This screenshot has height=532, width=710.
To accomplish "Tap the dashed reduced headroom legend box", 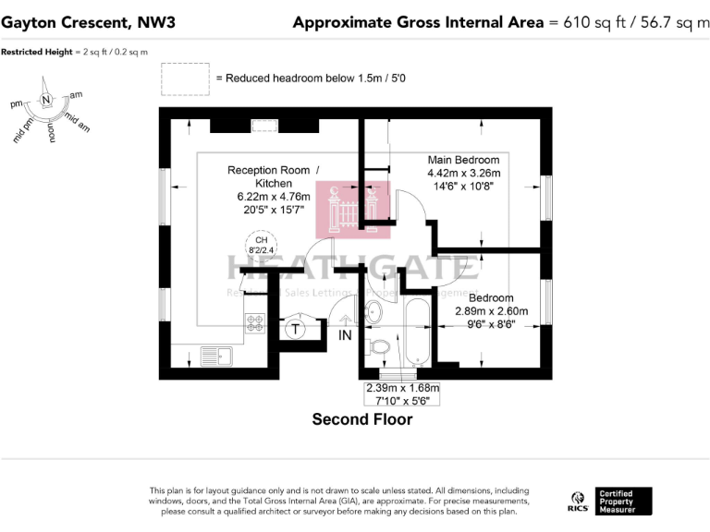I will point(184,79).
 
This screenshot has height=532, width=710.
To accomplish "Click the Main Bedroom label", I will point(463,160).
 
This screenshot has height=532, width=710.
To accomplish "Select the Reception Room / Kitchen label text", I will point(273,176).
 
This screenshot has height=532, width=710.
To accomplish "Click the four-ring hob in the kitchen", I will point(254,323).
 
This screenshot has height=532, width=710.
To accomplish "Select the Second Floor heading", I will point(361,419).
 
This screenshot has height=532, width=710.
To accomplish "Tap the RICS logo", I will point(576,502).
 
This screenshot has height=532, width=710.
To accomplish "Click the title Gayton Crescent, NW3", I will point(73,22).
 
